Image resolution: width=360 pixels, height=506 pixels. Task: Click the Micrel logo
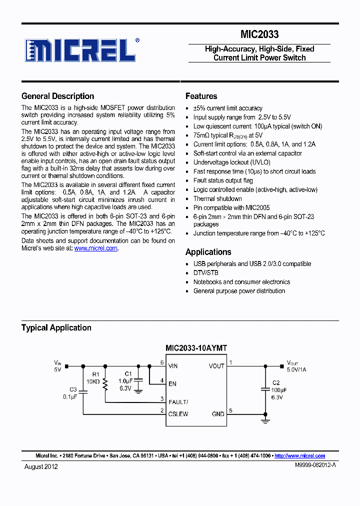[x=80, y=50]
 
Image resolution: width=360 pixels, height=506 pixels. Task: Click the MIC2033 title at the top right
[x=259, y=34]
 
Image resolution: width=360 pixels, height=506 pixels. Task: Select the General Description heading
[x=57, y=96]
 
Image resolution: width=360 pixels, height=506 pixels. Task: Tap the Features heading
[x=201, y=96]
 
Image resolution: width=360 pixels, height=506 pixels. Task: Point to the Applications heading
[x=208, y=252]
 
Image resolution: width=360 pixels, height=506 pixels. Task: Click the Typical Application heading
[x=56, y=328]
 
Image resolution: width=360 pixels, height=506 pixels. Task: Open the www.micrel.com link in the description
[x=96, y=248]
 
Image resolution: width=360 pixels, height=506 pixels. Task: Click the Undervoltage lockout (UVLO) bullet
[x=231, y=162]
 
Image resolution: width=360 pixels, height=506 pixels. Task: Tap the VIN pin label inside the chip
[x=173, y=366]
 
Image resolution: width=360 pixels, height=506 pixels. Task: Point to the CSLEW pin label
[x=178, y=414]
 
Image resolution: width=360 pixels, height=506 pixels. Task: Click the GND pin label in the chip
[x=218, y=414]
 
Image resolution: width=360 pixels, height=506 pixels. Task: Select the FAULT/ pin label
[x=178, y=402]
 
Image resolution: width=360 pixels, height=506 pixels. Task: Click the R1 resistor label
[x=96, y=373]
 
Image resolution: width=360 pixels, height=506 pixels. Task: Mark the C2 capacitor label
[x=275, y=382]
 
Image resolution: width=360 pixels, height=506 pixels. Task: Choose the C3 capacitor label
[x=73, y=389]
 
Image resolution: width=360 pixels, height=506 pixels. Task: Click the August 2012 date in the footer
[x=41, y=466]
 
